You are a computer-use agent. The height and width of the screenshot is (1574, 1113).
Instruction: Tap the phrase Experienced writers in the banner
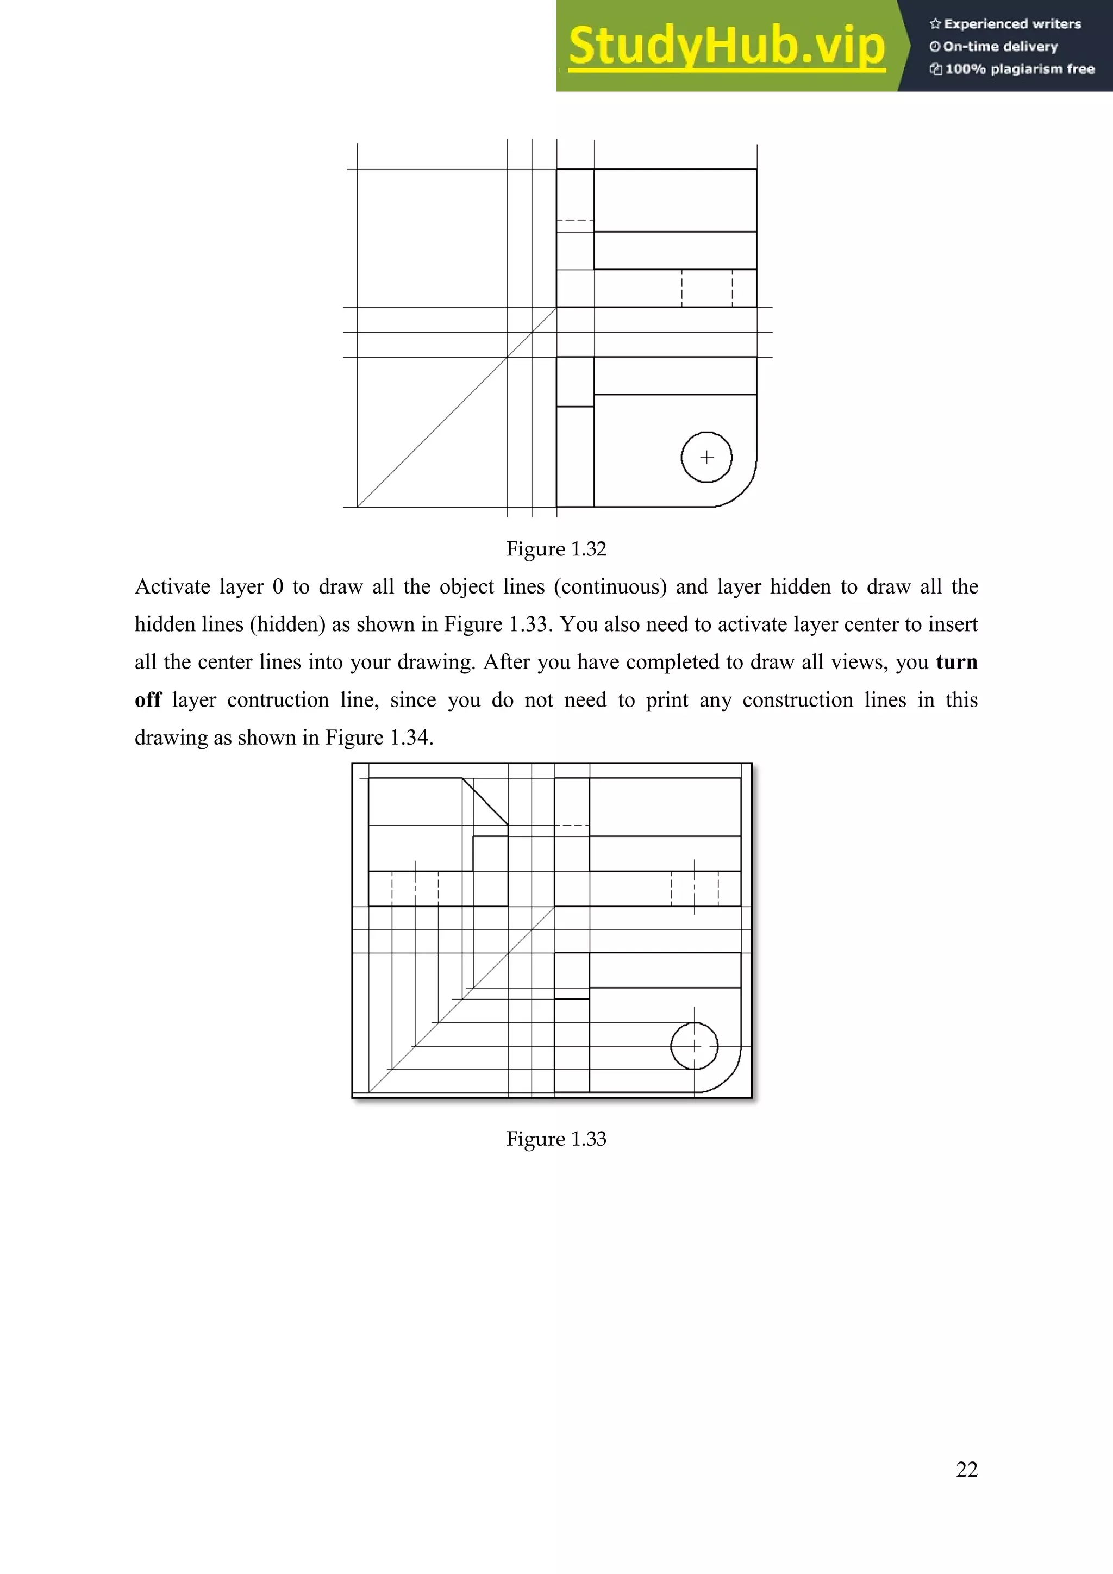click(x=1011, y=24)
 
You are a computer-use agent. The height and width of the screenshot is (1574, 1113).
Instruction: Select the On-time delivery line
click(x=1000, y=47)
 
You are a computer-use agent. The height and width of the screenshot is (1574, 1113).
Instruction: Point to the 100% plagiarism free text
click(x=1018, y=68)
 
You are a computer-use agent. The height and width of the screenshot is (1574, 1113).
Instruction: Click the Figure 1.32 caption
click(x=556, y=549)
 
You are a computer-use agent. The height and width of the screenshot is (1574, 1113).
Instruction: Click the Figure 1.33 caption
click(x=556, y=1139)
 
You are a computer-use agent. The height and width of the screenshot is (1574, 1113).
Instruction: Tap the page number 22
click(x=966, y=1469)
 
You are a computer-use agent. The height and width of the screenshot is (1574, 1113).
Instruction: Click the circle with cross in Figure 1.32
click(x=706, y=457)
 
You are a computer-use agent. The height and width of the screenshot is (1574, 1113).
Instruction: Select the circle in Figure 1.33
click(x=694, y=1046)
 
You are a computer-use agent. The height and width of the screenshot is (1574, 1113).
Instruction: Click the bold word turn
click(x=956, y=662)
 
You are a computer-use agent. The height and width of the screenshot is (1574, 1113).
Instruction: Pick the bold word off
click(x=148, y=700)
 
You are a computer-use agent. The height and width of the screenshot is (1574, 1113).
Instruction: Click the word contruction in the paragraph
click(x=278, y=700)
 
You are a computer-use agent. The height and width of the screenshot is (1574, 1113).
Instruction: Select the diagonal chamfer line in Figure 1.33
click(x=485, y=801)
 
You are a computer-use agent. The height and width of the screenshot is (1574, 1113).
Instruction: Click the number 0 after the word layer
click(x=278, y=587)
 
